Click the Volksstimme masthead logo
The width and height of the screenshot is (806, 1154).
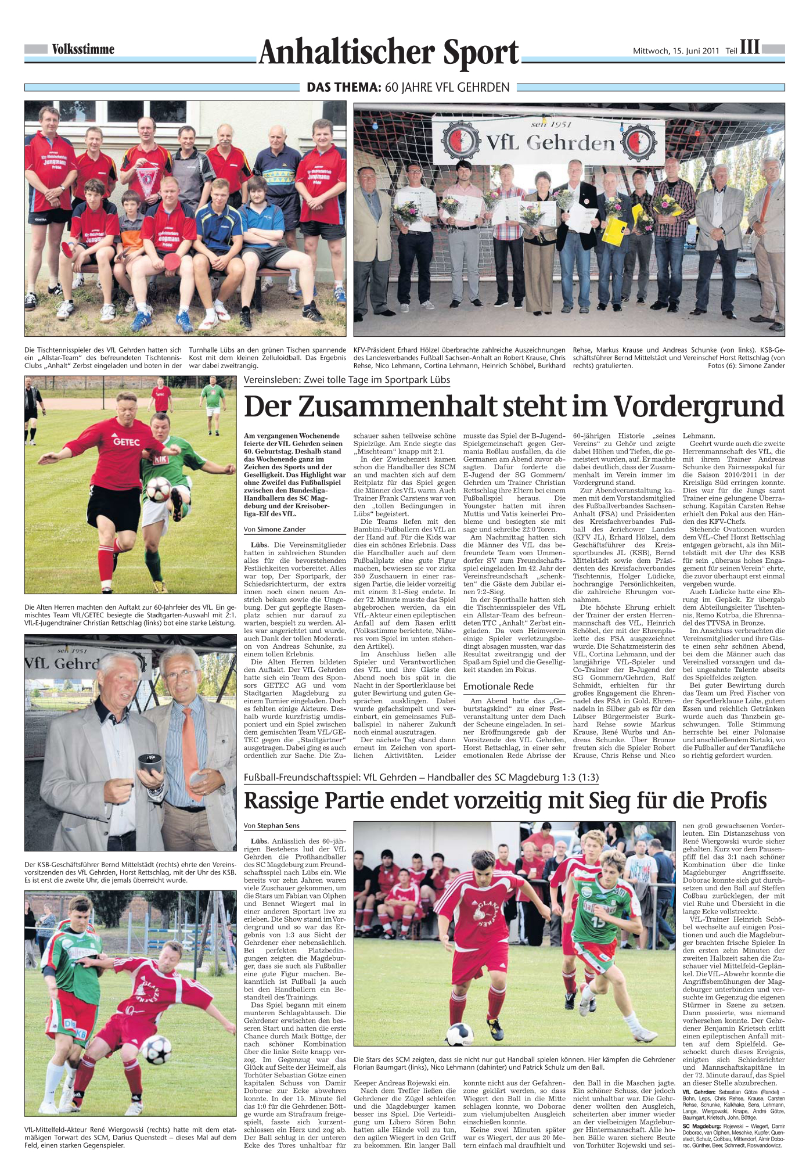point(83,50)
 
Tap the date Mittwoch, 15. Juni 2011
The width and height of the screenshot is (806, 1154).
point(676,51)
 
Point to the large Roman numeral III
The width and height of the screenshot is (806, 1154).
point(750,47)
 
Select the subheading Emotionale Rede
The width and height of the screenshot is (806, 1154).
point(498,686)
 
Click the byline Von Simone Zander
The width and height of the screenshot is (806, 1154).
point(274,530)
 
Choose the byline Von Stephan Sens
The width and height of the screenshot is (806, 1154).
point(272,825)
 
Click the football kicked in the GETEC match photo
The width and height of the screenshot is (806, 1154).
point(158,490)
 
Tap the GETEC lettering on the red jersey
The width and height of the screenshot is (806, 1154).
point(126,441)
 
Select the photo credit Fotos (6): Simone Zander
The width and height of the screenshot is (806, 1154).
point(746,366)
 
